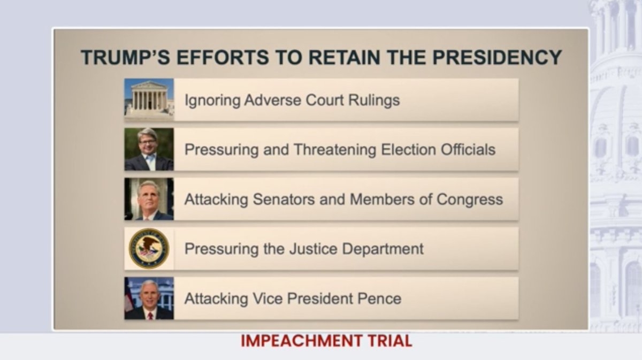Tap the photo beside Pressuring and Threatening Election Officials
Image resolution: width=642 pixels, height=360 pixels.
[x=149, y=149]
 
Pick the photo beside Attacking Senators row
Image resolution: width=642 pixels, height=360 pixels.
[x=149, y=199]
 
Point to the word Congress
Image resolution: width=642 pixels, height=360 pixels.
[x=470, y=200]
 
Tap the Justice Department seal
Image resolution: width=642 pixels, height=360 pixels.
[x=149, y=249]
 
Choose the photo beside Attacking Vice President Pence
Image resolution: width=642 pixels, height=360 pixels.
[x=149, y=298]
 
